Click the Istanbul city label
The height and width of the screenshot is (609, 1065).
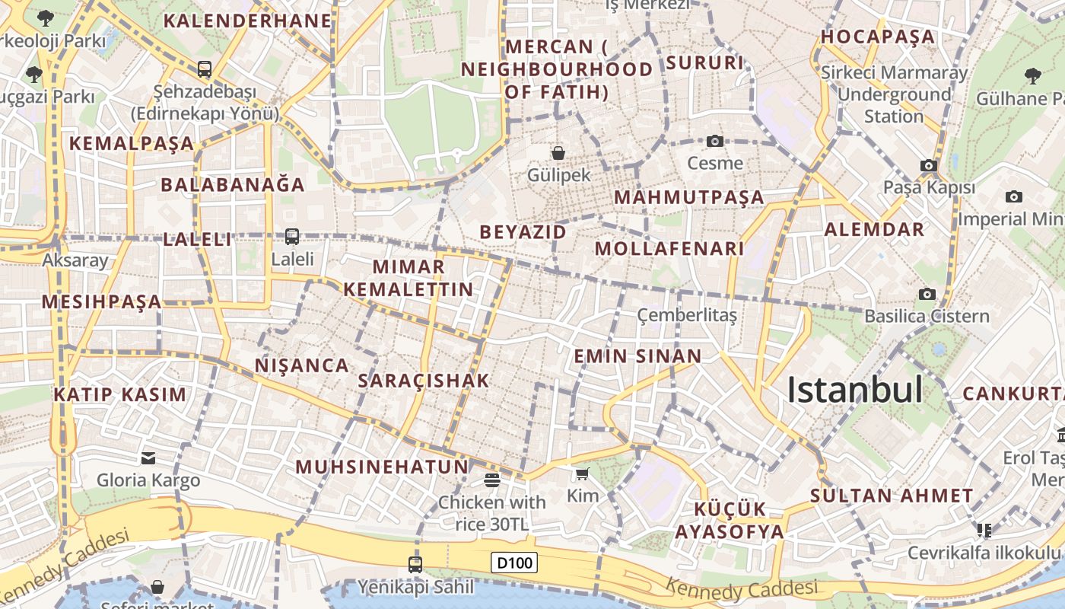pos(854,390)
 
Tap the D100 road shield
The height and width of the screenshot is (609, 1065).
pos(514,563)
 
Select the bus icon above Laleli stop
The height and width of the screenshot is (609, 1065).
pos(292,237)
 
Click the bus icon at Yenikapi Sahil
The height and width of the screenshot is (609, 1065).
pos(415,564)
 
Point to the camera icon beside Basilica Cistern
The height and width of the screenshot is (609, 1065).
pos(927,294)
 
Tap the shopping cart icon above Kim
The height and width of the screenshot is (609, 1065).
pos(583,474)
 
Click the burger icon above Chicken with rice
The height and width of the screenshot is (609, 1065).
pos(491,480)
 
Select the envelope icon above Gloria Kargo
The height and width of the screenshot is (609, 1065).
pos(148,458)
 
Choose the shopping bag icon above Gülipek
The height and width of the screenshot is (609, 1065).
pos(558,153)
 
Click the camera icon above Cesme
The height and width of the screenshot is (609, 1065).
pos(714,141)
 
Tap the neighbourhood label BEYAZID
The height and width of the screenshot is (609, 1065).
pos(523,232)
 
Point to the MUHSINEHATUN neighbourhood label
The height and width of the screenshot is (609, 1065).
pos(382,467)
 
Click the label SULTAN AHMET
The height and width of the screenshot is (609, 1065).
pos(891,496)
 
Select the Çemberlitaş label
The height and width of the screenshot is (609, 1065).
pos(687,315)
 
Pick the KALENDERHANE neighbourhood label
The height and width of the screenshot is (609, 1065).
pos(248,21)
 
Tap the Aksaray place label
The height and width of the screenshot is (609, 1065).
pos(75,260)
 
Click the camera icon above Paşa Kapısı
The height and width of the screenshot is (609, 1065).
pos(928,165)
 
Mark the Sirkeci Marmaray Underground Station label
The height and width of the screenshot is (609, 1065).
pos(894,94)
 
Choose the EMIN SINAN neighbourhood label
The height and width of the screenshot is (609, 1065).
pos(637,356)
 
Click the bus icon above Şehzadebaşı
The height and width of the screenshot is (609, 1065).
pos(204,69)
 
